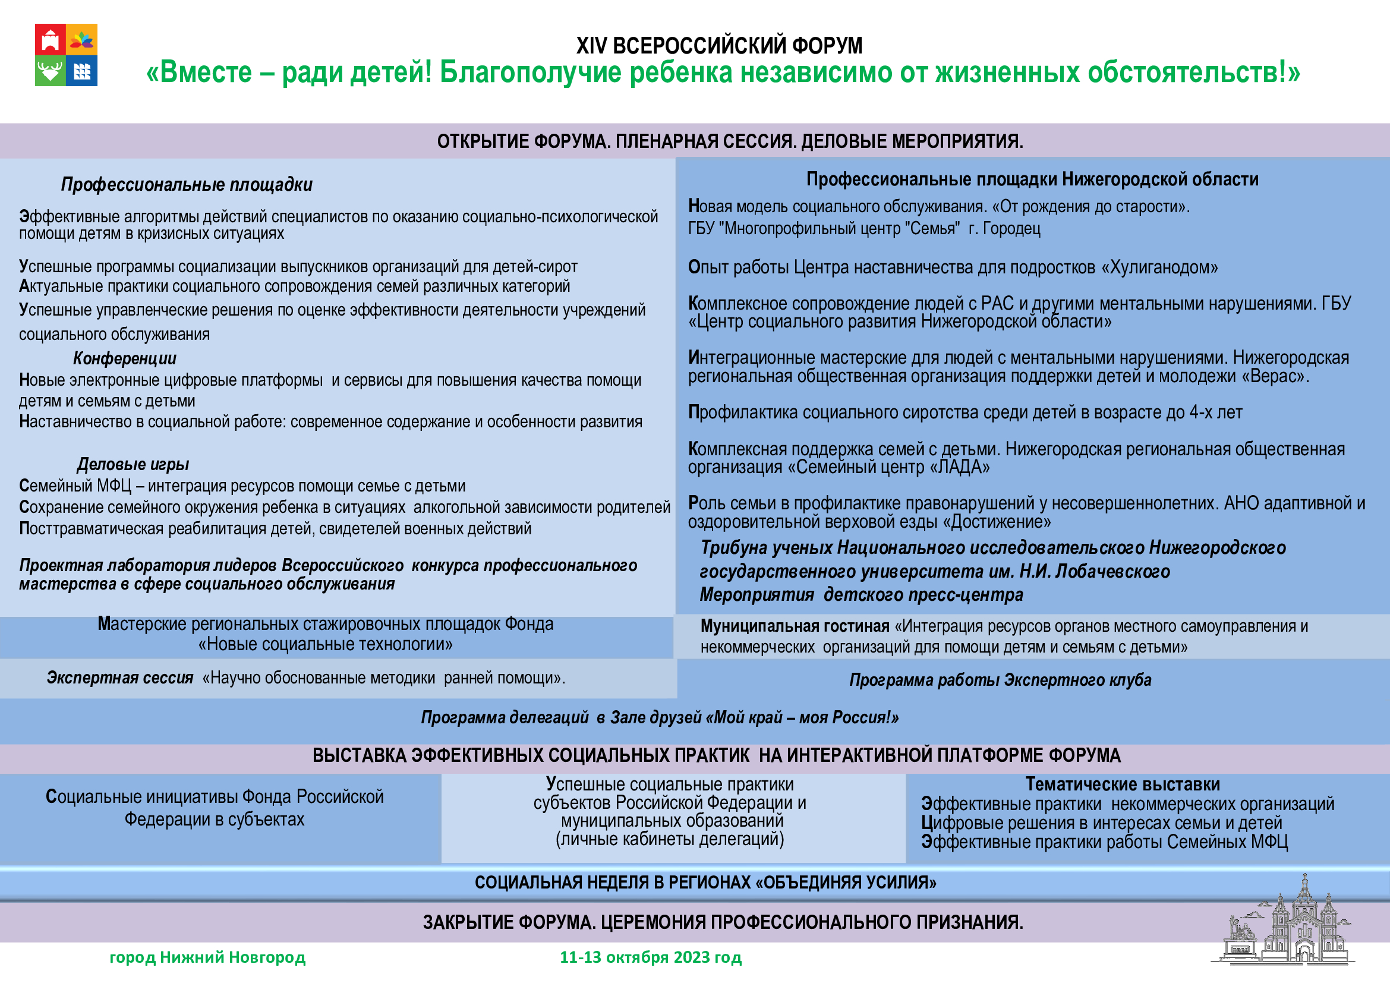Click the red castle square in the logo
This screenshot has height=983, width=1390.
coord(51,39)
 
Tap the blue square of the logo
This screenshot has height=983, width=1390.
coord(82,71)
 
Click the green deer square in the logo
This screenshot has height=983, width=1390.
coord(51,71)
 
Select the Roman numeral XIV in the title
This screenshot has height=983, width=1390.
coord(591,45)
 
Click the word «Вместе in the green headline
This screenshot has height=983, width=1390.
coord(199,72)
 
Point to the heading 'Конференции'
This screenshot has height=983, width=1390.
coord(125,358)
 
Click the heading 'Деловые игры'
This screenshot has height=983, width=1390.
coord(133,464)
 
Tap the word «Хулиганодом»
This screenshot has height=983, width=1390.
coord(1159,267)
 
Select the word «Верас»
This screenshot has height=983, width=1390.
coord(1275,376)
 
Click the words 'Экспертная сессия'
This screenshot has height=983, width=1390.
coord(120,678)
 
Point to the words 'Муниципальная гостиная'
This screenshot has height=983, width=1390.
coord(795,626)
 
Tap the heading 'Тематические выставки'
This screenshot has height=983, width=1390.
coord(1123,784)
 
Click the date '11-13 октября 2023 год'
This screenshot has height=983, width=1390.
coord(650,957)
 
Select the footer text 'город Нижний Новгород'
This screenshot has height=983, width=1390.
coord(207,957)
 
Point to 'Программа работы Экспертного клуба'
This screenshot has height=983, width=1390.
coord(1000,680)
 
